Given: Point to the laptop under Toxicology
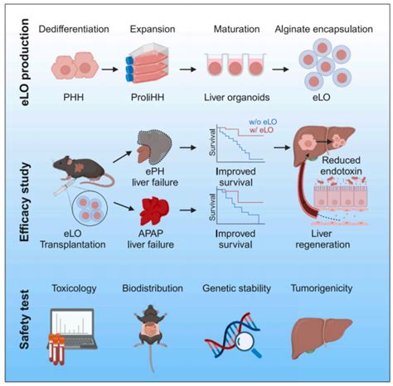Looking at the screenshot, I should point(83,333).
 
